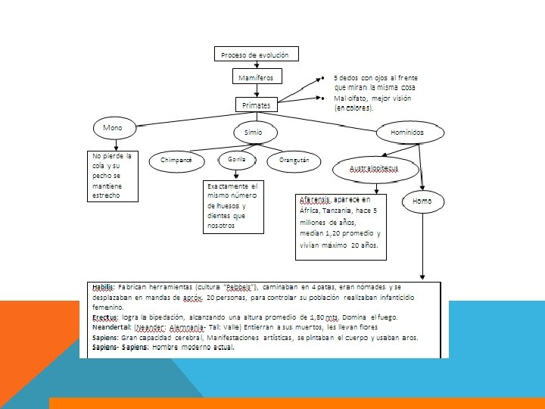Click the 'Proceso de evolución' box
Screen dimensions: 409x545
point(255,54)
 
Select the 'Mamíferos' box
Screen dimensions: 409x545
point(256,77)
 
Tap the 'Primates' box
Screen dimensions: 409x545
point(256,105)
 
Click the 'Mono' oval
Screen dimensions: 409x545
point(113,128)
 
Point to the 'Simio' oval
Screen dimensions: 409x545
point(253,131)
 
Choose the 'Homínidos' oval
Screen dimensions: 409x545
point(407,131)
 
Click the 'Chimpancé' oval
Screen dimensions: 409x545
point(176,161)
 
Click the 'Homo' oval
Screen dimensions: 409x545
point(422,201)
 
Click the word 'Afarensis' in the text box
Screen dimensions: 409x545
point(314,199)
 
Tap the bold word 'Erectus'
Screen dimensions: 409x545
point(104,317)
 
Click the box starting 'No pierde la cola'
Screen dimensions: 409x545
point(111,176)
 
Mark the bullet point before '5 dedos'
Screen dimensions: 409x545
point(322,78)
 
